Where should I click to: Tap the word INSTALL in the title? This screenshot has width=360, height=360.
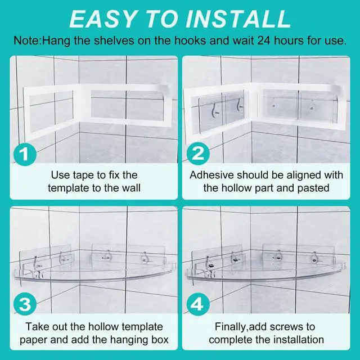click(x=238, y=19)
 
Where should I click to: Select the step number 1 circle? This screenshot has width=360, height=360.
click(x=25, y=154)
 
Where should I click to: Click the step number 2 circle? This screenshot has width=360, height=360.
click(x=198, y=154)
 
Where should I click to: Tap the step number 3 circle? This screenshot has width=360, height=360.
click(x=25, y=304)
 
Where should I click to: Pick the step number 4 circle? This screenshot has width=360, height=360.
click(x=198, y=304)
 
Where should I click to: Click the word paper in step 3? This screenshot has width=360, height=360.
click(x=34, y=340)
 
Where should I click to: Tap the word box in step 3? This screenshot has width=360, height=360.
click(x=161, y=340)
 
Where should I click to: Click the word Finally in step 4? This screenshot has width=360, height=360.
click(x=230, y=327)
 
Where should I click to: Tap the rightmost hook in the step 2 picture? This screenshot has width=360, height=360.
click(x=312, y=105)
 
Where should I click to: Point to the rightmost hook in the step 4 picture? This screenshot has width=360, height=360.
click(x=314, y=258)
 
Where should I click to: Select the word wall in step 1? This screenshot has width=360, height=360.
click(x=131, y=188)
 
